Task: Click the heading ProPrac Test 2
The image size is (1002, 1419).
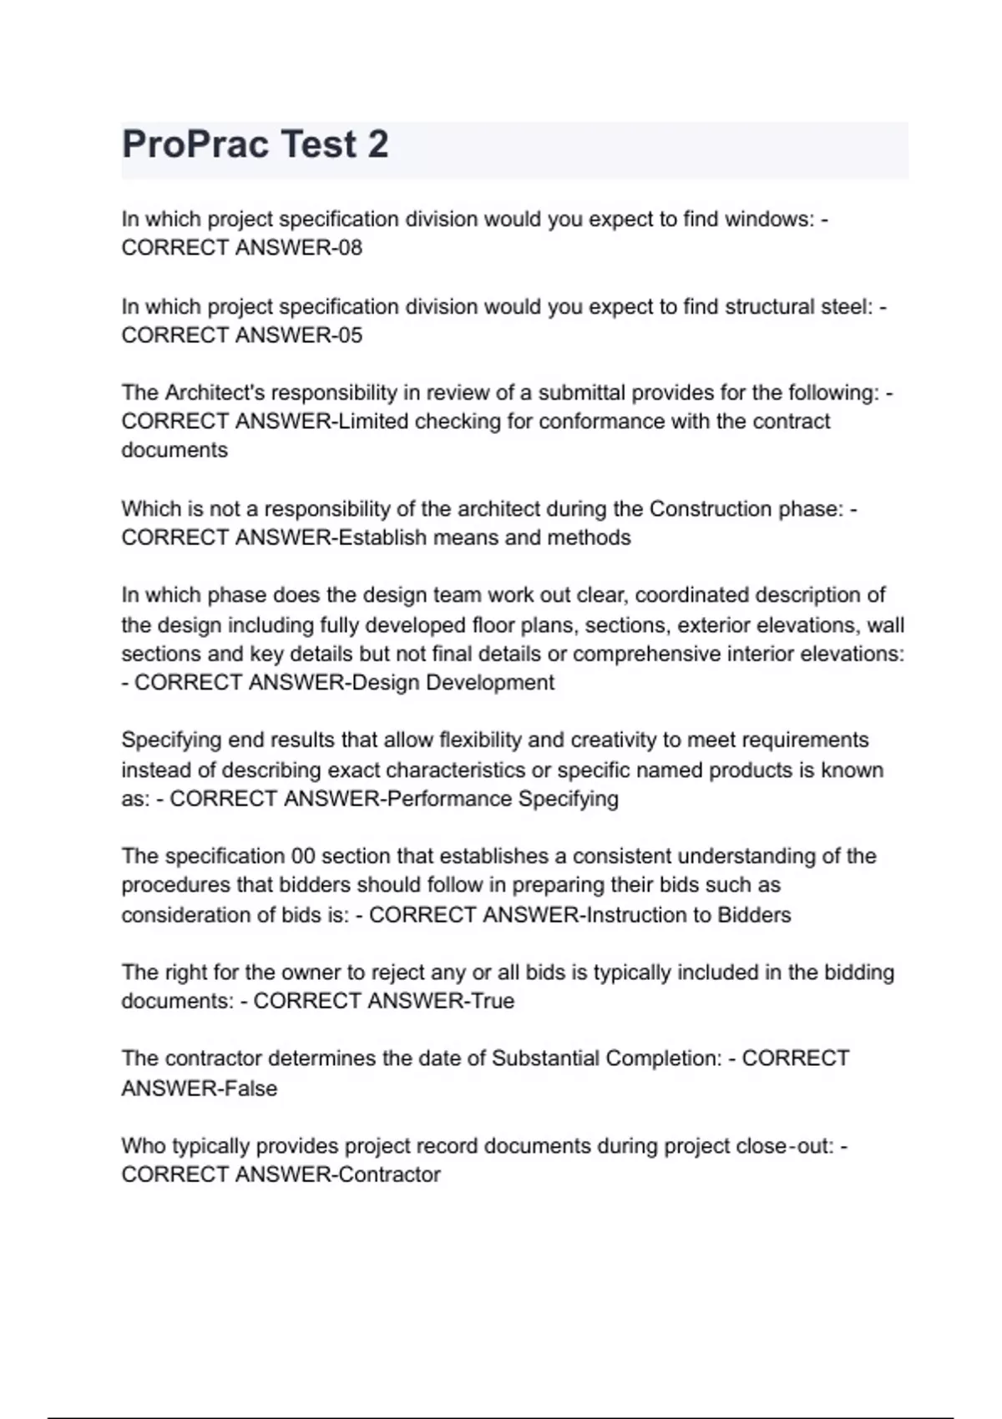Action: click(x=255, y=144)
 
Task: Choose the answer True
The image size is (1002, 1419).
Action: click(x=493, y=1001)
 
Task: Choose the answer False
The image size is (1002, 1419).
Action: click(x=250, y=1088)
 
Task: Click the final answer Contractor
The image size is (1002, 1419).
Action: click(x=390, y=1175)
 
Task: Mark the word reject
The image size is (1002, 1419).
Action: click(x=397, y=972)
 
